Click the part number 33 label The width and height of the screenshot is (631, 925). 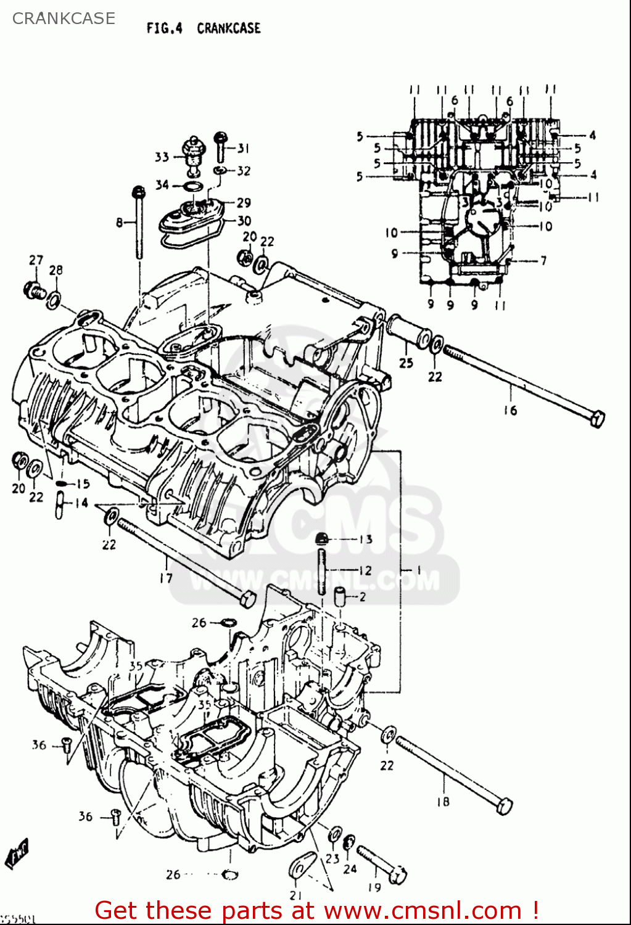(162, 157)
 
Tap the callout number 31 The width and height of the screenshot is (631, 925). (244, 148)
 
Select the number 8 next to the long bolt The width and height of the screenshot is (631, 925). (119, 222)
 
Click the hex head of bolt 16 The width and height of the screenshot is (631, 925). (596, 419)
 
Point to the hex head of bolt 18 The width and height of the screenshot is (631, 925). (504, 805)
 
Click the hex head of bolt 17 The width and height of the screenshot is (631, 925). (247, 598)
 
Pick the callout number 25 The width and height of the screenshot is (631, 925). (405, 363)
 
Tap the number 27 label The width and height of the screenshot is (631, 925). (36, 260)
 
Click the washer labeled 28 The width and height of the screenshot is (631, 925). (54, 300)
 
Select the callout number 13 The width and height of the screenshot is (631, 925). (365, 539)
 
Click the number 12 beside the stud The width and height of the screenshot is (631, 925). (365, 570)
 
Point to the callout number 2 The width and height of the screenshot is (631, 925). (362, 596)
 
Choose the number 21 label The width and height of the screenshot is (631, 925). (296, 895)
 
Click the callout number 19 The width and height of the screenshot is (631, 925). (374, 887)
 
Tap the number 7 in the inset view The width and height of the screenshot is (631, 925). (543, 261)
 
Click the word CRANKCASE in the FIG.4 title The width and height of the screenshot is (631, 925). (228, 28)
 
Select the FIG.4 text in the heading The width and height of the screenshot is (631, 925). (164, 28)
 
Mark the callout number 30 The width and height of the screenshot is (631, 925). (244, 221)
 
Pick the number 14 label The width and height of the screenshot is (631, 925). (81, 503)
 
